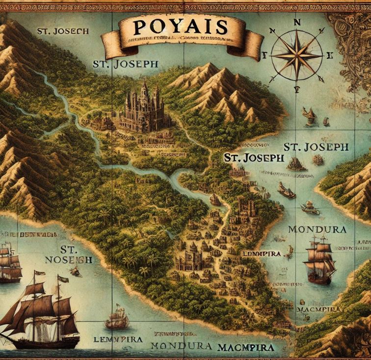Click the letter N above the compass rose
click(297, 22)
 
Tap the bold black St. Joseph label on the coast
click(253, 158)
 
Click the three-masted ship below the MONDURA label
click(319, 260)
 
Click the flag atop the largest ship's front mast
click(63, 279)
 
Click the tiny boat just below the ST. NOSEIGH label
click(75, 271)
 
